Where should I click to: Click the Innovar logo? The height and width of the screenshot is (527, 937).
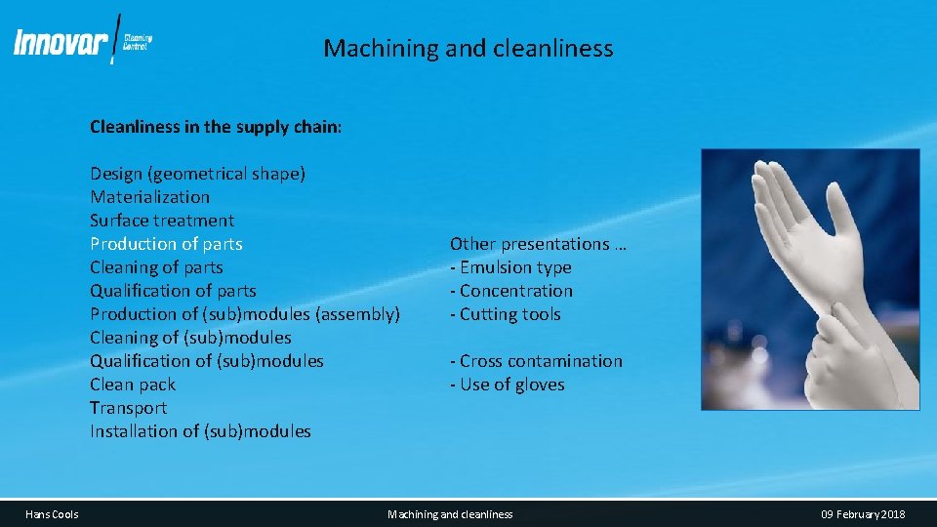click(82, 42)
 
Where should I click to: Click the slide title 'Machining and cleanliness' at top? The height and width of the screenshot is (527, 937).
click(468, 48)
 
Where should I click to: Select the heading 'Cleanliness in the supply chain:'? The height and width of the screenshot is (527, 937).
click(216, 127)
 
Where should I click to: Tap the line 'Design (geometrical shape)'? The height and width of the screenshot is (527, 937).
click(197, 174)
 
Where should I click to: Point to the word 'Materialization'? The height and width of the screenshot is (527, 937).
click(149, 197)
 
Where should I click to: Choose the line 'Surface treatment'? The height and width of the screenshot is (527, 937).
click(162, 221)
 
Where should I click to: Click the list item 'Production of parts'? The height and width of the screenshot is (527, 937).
click(166, 244)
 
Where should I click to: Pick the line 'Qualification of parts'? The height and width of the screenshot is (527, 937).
click(173, 291)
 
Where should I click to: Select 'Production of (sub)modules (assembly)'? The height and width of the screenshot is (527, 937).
click(245, 314)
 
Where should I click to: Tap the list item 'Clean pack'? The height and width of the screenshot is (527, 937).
click(133, 385)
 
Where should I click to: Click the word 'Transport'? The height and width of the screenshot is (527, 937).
click(128, 408)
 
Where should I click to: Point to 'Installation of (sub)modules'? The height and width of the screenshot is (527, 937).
click(200, 431)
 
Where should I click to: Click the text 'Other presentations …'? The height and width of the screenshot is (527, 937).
click(538, 244)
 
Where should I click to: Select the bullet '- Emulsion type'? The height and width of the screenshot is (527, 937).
click(510, 267)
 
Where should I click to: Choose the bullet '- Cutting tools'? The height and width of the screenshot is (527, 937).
click(505, 314)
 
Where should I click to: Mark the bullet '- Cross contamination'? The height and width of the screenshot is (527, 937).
click(536, 361)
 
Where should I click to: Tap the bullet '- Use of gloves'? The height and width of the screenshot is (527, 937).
click(507, 385)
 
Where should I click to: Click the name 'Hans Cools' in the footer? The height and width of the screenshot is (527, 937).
click(53, 514)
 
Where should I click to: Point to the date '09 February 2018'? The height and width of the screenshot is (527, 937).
click(863, 514)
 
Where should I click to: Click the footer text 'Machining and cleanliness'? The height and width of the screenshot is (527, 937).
click(450, 514)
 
